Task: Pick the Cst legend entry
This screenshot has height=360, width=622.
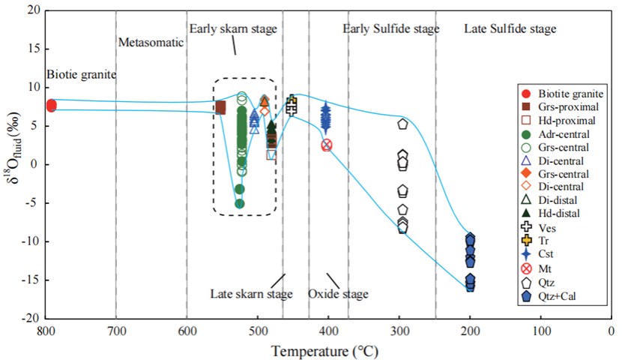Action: tap(545, 253)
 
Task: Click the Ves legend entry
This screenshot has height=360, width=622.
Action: tap(546, 226)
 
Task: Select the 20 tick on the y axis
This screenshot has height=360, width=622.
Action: tap(32, 10)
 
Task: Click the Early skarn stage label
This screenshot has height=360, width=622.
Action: tap(232, 29)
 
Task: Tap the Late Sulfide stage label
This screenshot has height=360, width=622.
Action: tap(510, 29)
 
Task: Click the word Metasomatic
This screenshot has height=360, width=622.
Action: tap(151, 43)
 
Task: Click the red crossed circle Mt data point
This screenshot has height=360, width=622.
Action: tap(327, 145)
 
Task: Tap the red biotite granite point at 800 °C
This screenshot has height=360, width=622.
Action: tap(51, 106)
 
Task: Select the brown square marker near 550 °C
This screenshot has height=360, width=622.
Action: tap(220, 107)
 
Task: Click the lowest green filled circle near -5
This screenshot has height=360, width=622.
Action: tap(240, 203)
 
